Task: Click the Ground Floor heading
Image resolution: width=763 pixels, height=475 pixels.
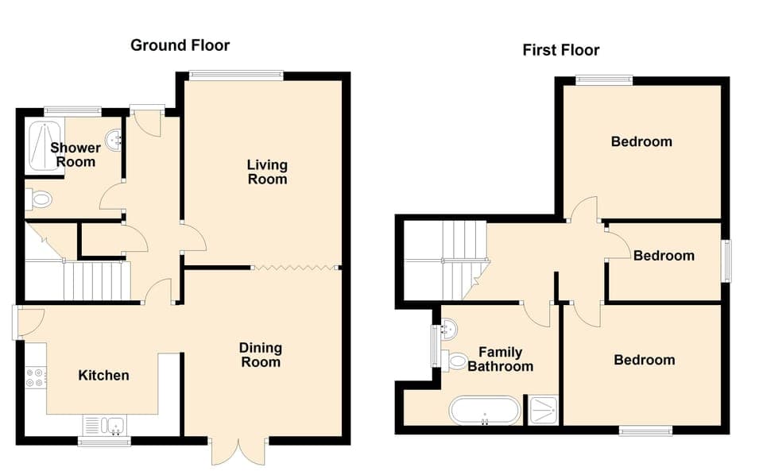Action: [x=180, y=45]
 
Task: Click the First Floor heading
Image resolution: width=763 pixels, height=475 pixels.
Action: [x=560, y=50]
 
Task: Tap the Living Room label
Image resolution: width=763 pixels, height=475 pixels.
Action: [x=267, y=172]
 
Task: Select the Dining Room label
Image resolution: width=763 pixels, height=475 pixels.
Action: [x=261, y=355]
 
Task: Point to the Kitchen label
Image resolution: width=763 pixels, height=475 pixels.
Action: [x=103, y=375]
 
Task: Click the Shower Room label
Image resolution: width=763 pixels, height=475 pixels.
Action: [x=76, y=155]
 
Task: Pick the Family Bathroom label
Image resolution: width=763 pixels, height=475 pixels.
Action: [x=500, y=360]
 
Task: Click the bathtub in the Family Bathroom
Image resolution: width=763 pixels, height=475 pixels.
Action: [x=485, y=411]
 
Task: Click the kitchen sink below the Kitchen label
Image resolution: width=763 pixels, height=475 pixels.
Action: [x=104, y=427]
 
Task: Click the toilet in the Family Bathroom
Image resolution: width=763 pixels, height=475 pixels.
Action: [x=455, y=361]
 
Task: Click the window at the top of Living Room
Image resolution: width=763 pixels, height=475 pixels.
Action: [x=236, y=75]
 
